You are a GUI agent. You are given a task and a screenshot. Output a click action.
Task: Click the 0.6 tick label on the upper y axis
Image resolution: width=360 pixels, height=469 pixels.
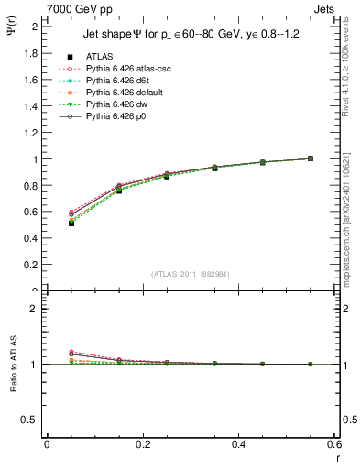tap(33, 212)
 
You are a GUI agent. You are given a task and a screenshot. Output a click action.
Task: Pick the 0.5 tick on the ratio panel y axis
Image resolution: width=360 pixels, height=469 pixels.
tap(33, 419)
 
